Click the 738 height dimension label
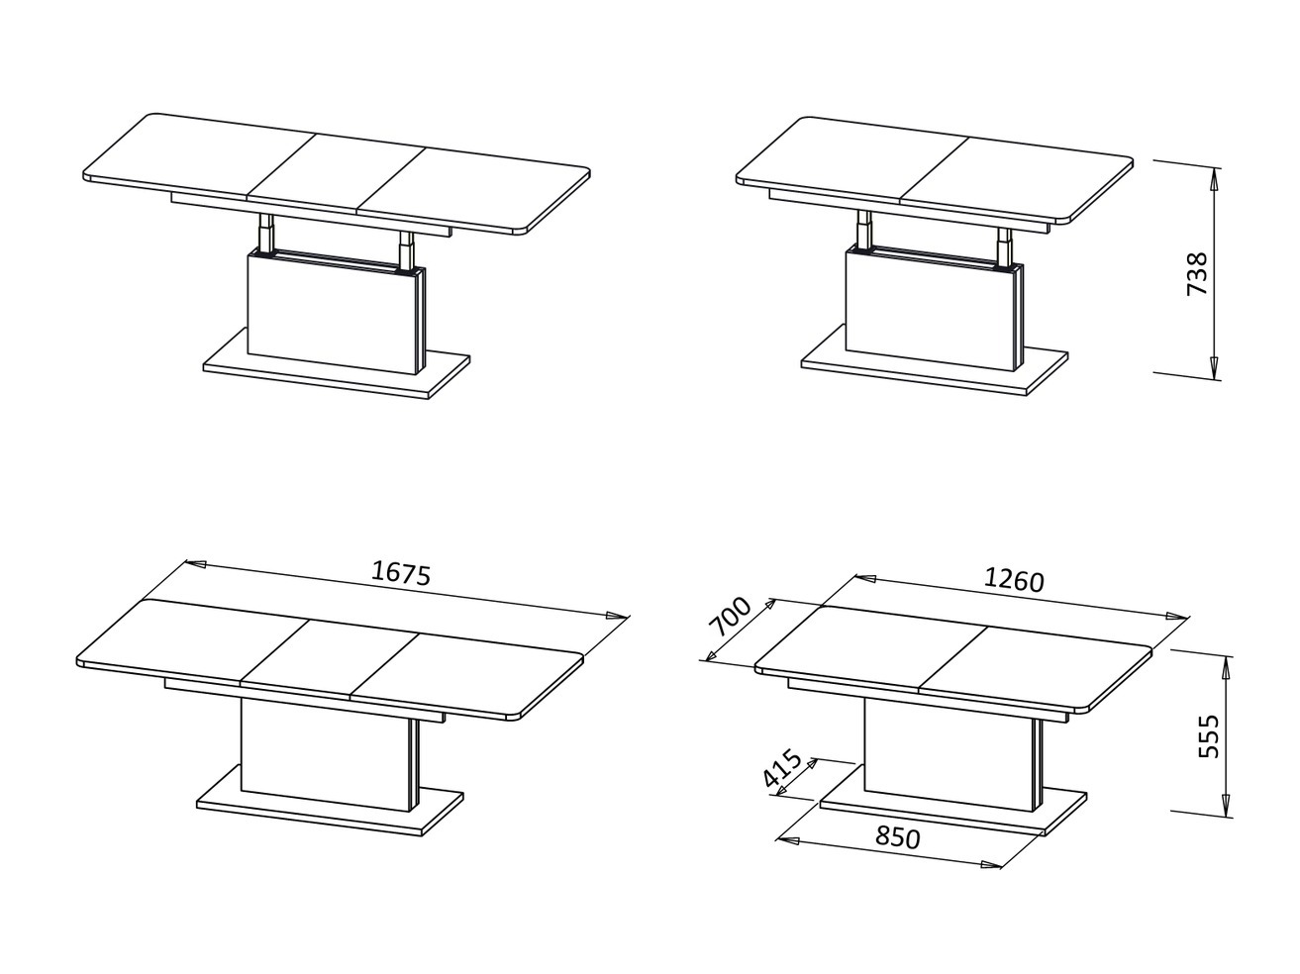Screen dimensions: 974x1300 (x=1196, y=274)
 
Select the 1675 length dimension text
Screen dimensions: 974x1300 (x=401, y=573)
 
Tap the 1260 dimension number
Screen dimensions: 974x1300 (x=1013, y=580)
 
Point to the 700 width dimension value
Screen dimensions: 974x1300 (x=732, y=621)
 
